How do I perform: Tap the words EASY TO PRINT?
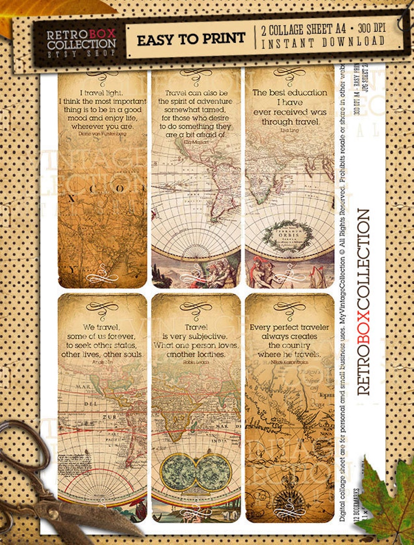190,38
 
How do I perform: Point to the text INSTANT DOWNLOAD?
323,42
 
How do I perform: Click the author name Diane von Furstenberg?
102,134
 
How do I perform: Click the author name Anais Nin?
102,362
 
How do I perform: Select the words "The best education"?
290,92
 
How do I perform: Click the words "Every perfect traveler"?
289,327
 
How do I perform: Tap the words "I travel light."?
102,92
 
